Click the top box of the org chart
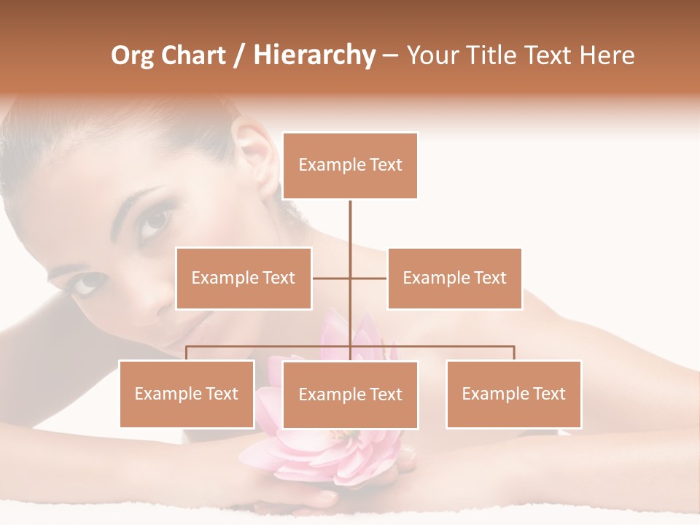[350, 166]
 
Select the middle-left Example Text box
[244, 278]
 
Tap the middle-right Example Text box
[454, 278]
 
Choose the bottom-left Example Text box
[187, 394]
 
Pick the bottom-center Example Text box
[350, 394]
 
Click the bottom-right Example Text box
[513, 394]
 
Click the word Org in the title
[132, 56]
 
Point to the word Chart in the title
[193, 56]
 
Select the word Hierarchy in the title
[314, 56]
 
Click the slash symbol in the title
[239, 56]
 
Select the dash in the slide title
[390, 56]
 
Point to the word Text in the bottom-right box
[548, 394]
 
